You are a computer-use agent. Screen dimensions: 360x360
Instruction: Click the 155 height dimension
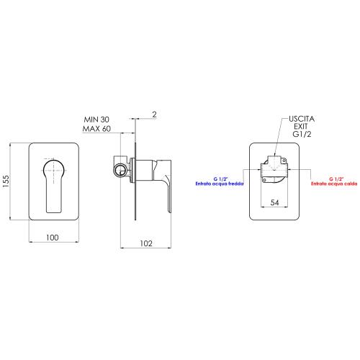[6, 181]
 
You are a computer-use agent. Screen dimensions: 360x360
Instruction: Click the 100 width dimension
[53, 238]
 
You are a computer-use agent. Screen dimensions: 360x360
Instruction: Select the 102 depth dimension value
[146, 243]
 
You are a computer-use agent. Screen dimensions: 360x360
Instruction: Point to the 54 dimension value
[274, 202]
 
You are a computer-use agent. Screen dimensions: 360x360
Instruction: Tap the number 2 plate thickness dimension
[154, 114]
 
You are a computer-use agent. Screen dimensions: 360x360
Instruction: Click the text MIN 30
[96, 120]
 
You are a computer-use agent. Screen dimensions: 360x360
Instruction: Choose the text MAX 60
[96, 129]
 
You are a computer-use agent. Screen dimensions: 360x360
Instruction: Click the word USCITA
[302, 119]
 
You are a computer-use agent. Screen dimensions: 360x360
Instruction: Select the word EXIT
[301, 126]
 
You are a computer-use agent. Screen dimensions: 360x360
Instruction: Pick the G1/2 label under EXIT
[302, 134]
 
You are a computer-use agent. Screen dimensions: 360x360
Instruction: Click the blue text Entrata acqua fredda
[220, 184]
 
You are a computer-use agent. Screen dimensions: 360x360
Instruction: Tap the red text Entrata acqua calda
[334, 184]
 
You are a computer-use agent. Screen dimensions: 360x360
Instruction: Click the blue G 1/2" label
[220, 179]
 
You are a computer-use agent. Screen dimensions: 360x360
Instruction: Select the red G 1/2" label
[336, 179]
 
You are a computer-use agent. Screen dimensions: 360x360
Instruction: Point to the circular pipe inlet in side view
[120, 170]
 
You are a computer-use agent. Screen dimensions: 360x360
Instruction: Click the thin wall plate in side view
[135, 181]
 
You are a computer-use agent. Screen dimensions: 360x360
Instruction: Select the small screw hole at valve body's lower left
[264, 180]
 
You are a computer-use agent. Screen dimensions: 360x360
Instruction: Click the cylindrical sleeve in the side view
[144, 170]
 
